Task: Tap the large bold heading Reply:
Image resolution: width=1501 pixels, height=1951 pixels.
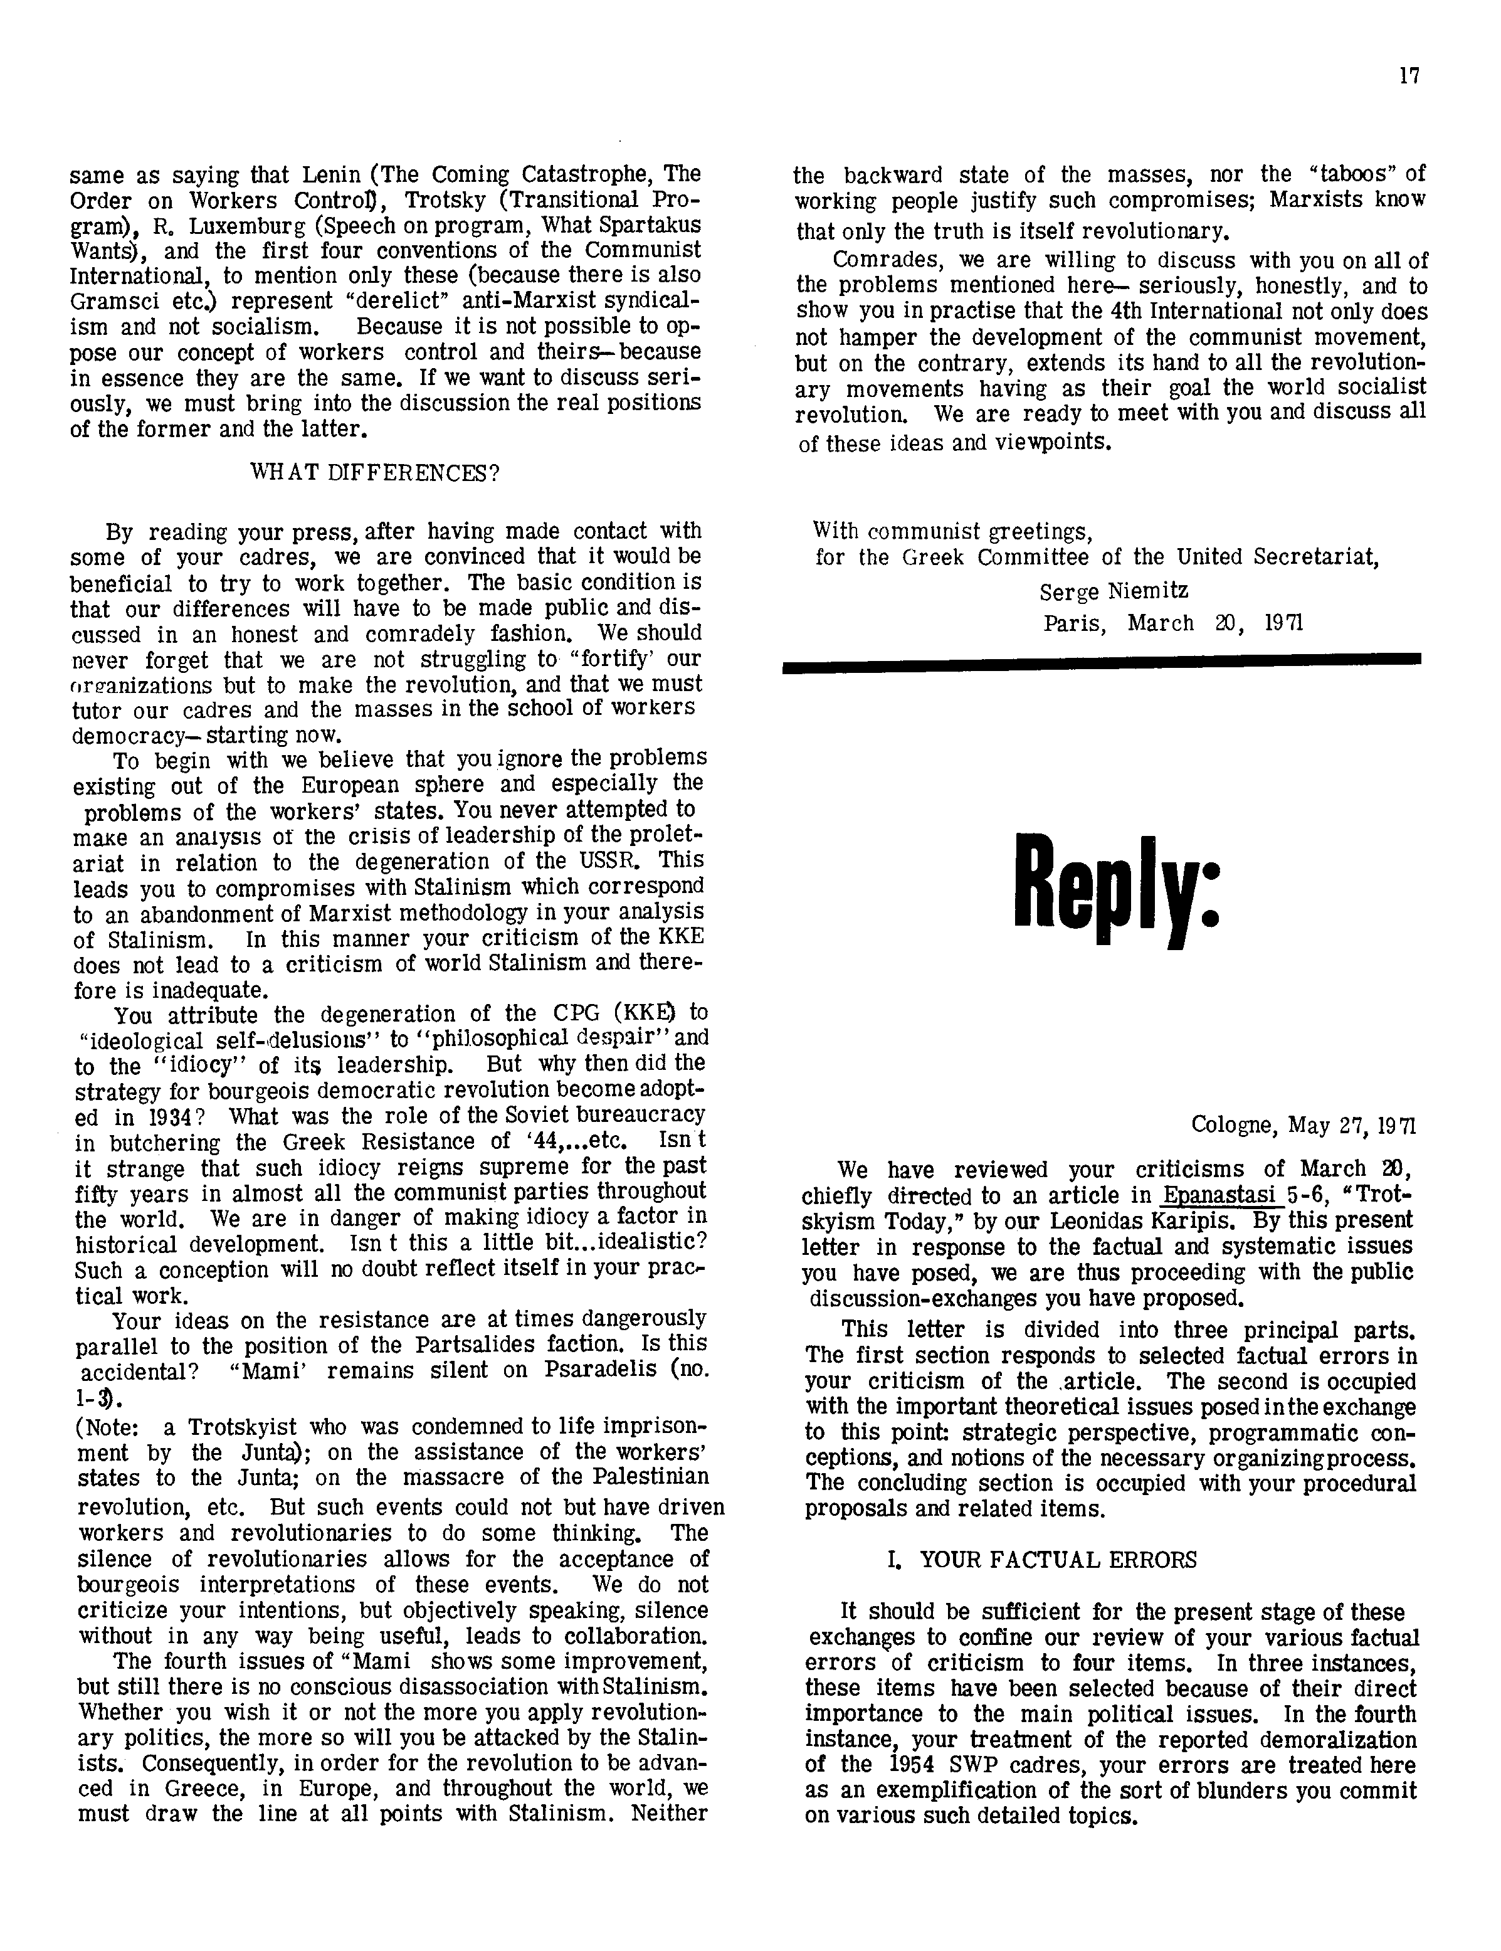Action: click(1116, 889)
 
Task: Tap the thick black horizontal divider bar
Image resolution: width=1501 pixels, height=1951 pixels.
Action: click(1100, 661)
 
